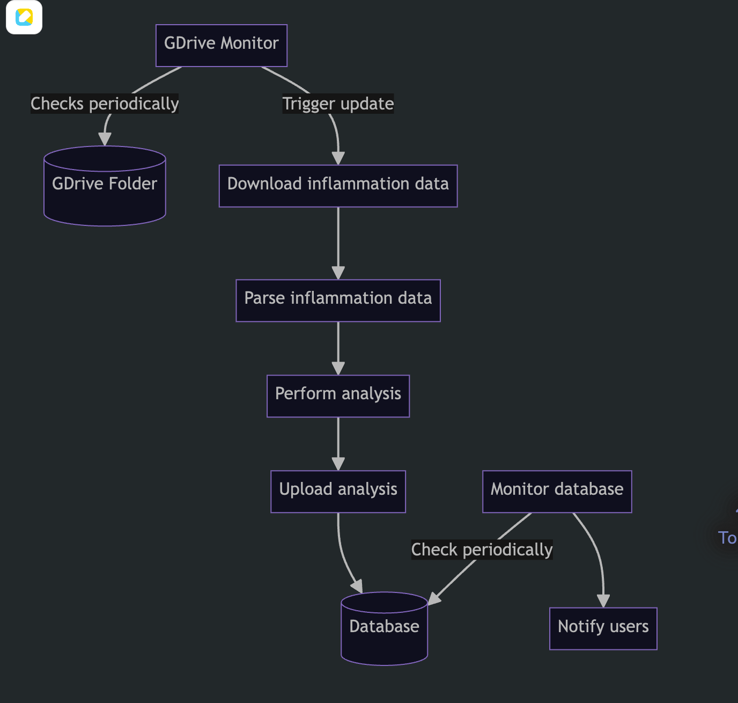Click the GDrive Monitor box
[222, 46]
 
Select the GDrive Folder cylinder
[105, 186]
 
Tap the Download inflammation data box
[338, 186]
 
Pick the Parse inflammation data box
[338, 301]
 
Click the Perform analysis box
[338, 396]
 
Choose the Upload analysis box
[338, 492]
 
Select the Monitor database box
[557, 492]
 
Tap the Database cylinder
[385, 628]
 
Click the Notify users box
[603, 628]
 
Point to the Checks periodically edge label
[105, 104]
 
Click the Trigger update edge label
[338, 104]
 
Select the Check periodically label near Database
[482, 550]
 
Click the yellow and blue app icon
[24, 17]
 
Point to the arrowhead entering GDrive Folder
[105, 139]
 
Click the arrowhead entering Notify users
[603, 601]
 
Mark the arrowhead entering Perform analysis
[338, 368]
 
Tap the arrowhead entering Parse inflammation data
[338, 273]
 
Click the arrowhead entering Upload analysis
[338, 464]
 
